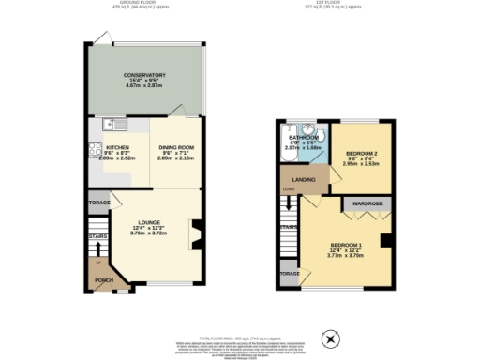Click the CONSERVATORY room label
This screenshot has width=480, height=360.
coord(144,75)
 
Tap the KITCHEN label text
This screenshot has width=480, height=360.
coord(117,148)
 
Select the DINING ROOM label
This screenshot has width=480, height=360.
coord(175,148)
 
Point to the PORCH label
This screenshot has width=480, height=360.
coord(104,280)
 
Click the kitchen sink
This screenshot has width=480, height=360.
coord(113,124)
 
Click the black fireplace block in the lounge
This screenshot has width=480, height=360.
coord(195,232)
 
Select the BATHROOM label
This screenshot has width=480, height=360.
coord(304,137)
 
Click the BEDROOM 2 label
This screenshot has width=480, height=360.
coord(361,153)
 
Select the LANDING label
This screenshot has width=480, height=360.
coord(303,179)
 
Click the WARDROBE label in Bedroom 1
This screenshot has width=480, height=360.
coord(366,202)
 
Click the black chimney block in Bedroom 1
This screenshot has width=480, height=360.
coord(384,241)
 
